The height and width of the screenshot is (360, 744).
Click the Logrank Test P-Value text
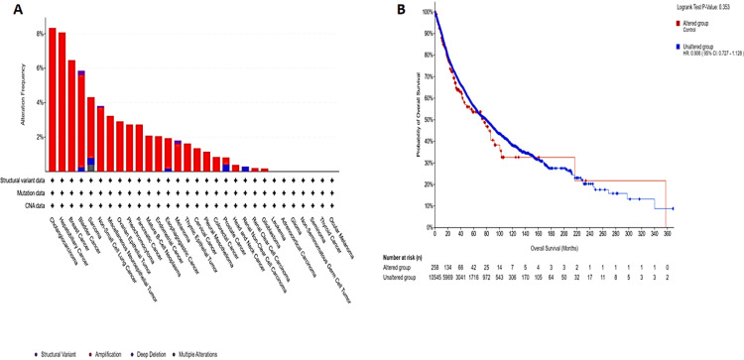pos(692,8)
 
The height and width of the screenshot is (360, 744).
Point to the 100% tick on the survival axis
pos(425,12)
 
